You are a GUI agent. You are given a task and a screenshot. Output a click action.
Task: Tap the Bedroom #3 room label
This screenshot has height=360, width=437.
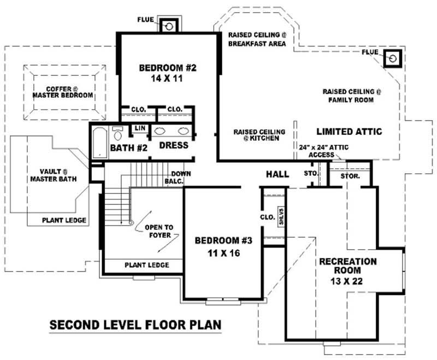[216, 246]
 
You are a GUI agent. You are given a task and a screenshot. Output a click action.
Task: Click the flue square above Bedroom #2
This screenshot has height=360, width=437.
[169, 26]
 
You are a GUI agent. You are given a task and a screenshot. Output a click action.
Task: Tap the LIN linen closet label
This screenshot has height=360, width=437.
[139, 129]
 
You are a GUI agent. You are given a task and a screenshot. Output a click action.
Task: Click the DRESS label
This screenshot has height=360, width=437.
[174, 145]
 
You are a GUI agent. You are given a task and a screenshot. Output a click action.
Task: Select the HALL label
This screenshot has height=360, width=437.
[277, 174]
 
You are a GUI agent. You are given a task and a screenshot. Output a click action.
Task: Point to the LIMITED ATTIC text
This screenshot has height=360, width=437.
[349, 132]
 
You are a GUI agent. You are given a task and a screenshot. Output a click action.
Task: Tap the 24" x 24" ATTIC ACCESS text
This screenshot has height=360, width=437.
[324, 151]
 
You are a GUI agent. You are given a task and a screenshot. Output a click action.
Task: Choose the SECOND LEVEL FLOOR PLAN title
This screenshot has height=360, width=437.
[135, 325]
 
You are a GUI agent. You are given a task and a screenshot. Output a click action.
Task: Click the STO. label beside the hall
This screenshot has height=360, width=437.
[310, 174]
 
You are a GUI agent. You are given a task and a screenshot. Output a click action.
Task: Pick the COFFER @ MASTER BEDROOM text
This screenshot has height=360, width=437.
[62, 91]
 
